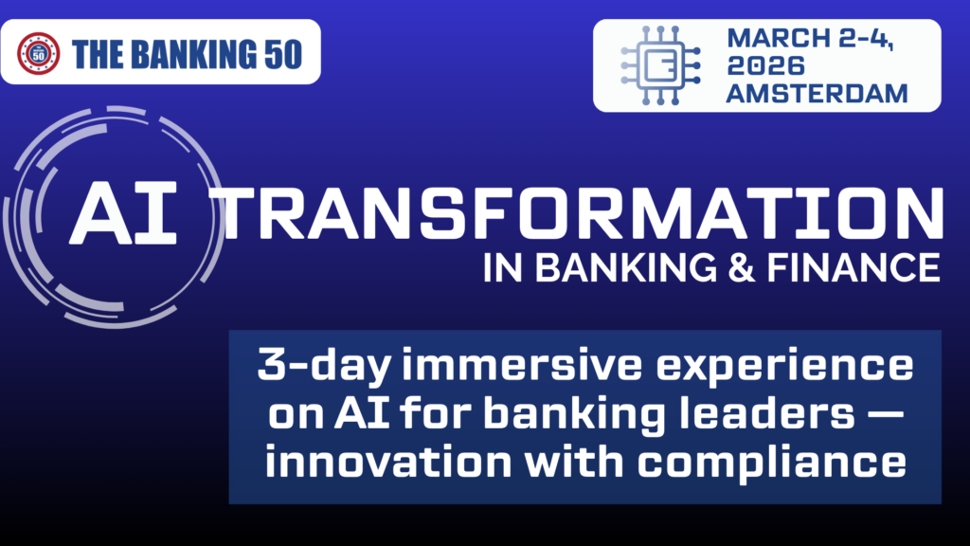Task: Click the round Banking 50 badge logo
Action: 38,53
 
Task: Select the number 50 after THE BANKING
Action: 283,54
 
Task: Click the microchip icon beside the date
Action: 660,65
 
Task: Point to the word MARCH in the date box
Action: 779,38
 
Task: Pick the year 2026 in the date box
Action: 765,65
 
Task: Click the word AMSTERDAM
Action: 817,94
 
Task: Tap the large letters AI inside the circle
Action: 123,214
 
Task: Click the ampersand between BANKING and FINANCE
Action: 741,268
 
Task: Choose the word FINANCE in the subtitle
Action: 853,268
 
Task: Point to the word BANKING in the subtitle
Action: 626,268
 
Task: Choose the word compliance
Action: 772,463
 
